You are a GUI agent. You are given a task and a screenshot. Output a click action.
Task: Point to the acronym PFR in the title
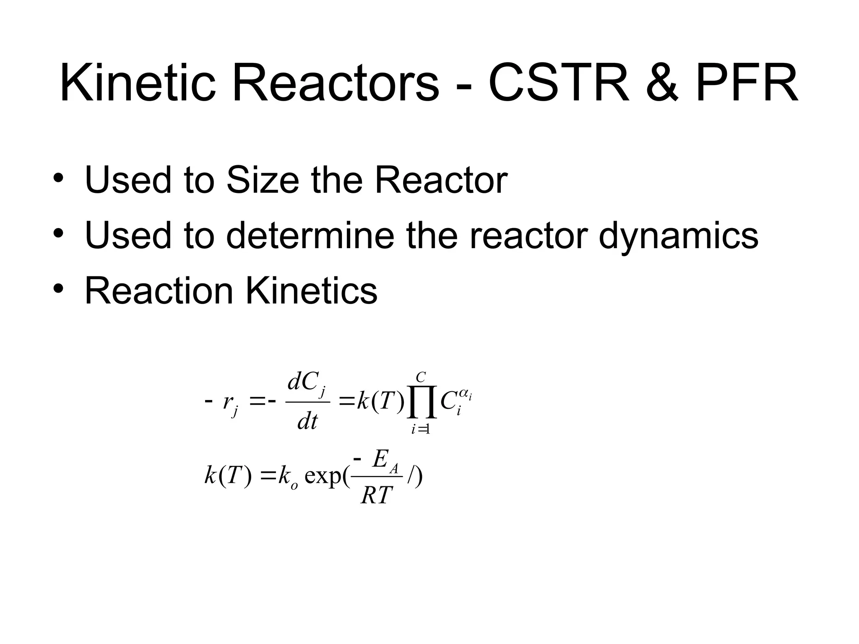pyautogui.click(x=747, y=83)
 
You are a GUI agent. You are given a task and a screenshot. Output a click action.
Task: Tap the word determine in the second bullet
pyautogui.click(x=310, y=235)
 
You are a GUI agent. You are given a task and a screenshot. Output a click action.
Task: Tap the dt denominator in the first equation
pyautogui.click(x=307, y=421)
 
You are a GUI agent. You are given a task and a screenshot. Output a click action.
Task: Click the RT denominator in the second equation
pyautogui.click(x=376, y=496)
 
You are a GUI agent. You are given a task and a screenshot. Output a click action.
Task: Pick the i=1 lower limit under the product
pyautogui.click(x=421, y=429)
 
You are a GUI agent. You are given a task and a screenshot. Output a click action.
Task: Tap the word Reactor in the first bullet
pyautogui.click(x=441, y=180)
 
